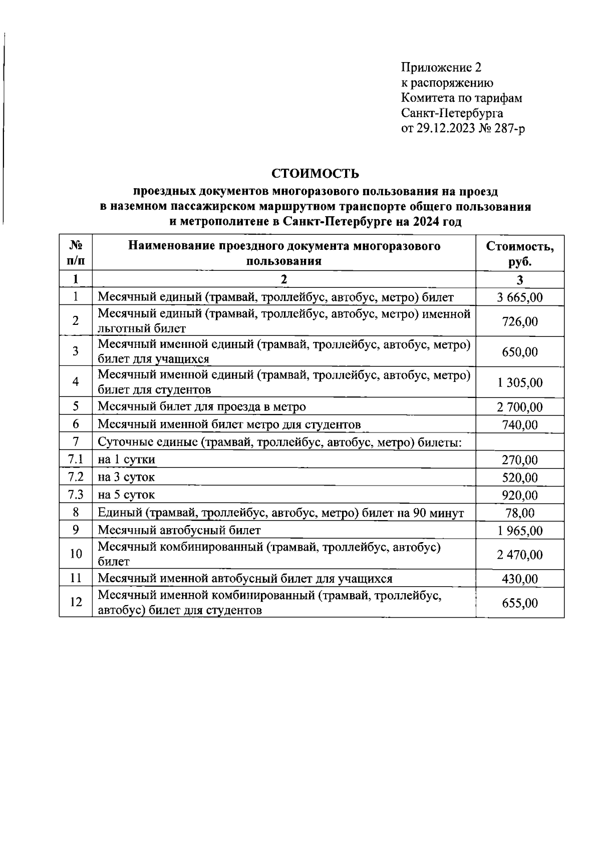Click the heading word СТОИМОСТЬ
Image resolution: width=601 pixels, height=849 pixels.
click(315, 174)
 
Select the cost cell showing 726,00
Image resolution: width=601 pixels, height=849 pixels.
click(519, 321)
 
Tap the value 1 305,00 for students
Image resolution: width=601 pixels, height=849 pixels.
click(519, 382)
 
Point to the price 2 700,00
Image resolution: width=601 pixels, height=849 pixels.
click(519, 407)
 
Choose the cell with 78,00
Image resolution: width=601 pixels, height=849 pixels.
click(519, 513)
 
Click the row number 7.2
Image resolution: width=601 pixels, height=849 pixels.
click(76, 477)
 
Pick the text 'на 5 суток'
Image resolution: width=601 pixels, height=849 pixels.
click(126, 495)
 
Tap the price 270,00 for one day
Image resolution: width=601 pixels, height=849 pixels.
click(519, 460)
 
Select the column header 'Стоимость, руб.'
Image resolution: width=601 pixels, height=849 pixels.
click(519, 254)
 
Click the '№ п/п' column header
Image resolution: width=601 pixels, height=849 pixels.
click(76, 253)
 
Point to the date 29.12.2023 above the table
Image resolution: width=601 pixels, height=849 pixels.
click(444, 129)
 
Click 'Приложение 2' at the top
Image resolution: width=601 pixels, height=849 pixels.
click(441, 67)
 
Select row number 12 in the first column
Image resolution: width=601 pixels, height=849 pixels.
click(76, 602)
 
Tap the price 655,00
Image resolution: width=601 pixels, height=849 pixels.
click(519, 603)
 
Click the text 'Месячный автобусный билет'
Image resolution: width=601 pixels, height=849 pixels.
click(179, 530)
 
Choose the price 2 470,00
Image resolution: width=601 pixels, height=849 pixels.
click(519, 554)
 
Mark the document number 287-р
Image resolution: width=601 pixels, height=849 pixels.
click(511, 129)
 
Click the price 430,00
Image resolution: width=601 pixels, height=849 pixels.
click(519, 579)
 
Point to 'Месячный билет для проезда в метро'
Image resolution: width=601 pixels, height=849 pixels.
click(201, 406)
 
